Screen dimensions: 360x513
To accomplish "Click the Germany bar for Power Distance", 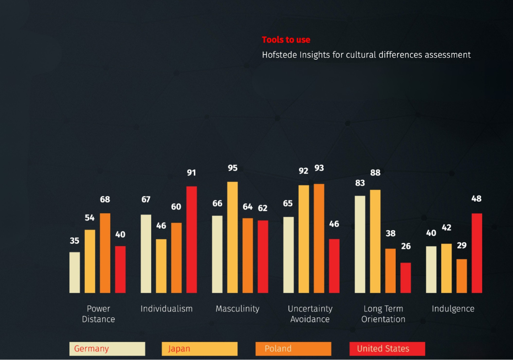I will (x=75, y=272).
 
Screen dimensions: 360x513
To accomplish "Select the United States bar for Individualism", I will (x=192, y=239).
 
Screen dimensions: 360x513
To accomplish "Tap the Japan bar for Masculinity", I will (x=233, y=237).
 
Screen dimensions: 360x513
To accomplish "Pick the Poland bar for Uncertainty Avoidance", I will (x=319, y=238).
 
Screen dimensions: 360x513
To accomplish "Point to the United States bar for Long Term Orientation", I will (x=405, y=278).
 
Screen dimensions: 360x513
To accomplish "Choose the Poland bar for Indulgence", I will (x=462, y=276).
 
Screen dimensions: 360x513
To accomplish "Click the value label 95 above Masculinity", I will (x=233, y=168).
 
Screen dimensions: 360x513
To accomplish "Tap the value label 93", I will (x=319, y=168).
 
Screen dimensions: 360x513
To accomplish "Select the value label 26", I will (x=405, y=246).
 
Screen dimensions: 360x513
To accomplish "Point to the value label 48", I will (x=476, y=199).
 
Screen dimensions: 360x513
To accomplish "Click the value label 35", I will (x=75, y=240).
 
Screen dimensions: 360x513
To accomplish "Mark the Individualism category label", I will (x=167, y=309).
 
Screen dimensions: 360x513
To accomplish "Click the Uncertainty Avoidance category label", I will (x=310, y=314).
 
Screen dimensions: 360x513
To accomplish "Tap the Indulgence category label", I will (x=453, y=309).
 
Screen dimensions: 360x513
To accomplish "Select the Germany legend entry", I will (x=107, y=349).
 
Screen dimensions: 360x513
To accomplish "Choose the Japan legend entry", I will (x=200, y=349).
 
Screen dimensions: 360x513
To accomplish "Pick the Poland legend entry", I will (x=293, y=349).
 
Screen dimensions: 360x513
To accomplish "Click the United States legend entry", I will (x=387, y=349).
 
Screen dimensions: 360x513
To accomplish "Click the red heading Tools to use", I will (x=286, y=40).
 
